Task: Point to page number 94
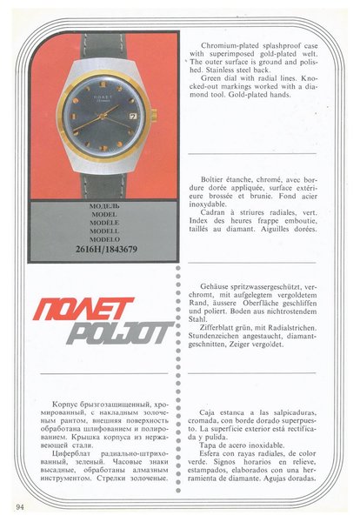click(x=18, y=505)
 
